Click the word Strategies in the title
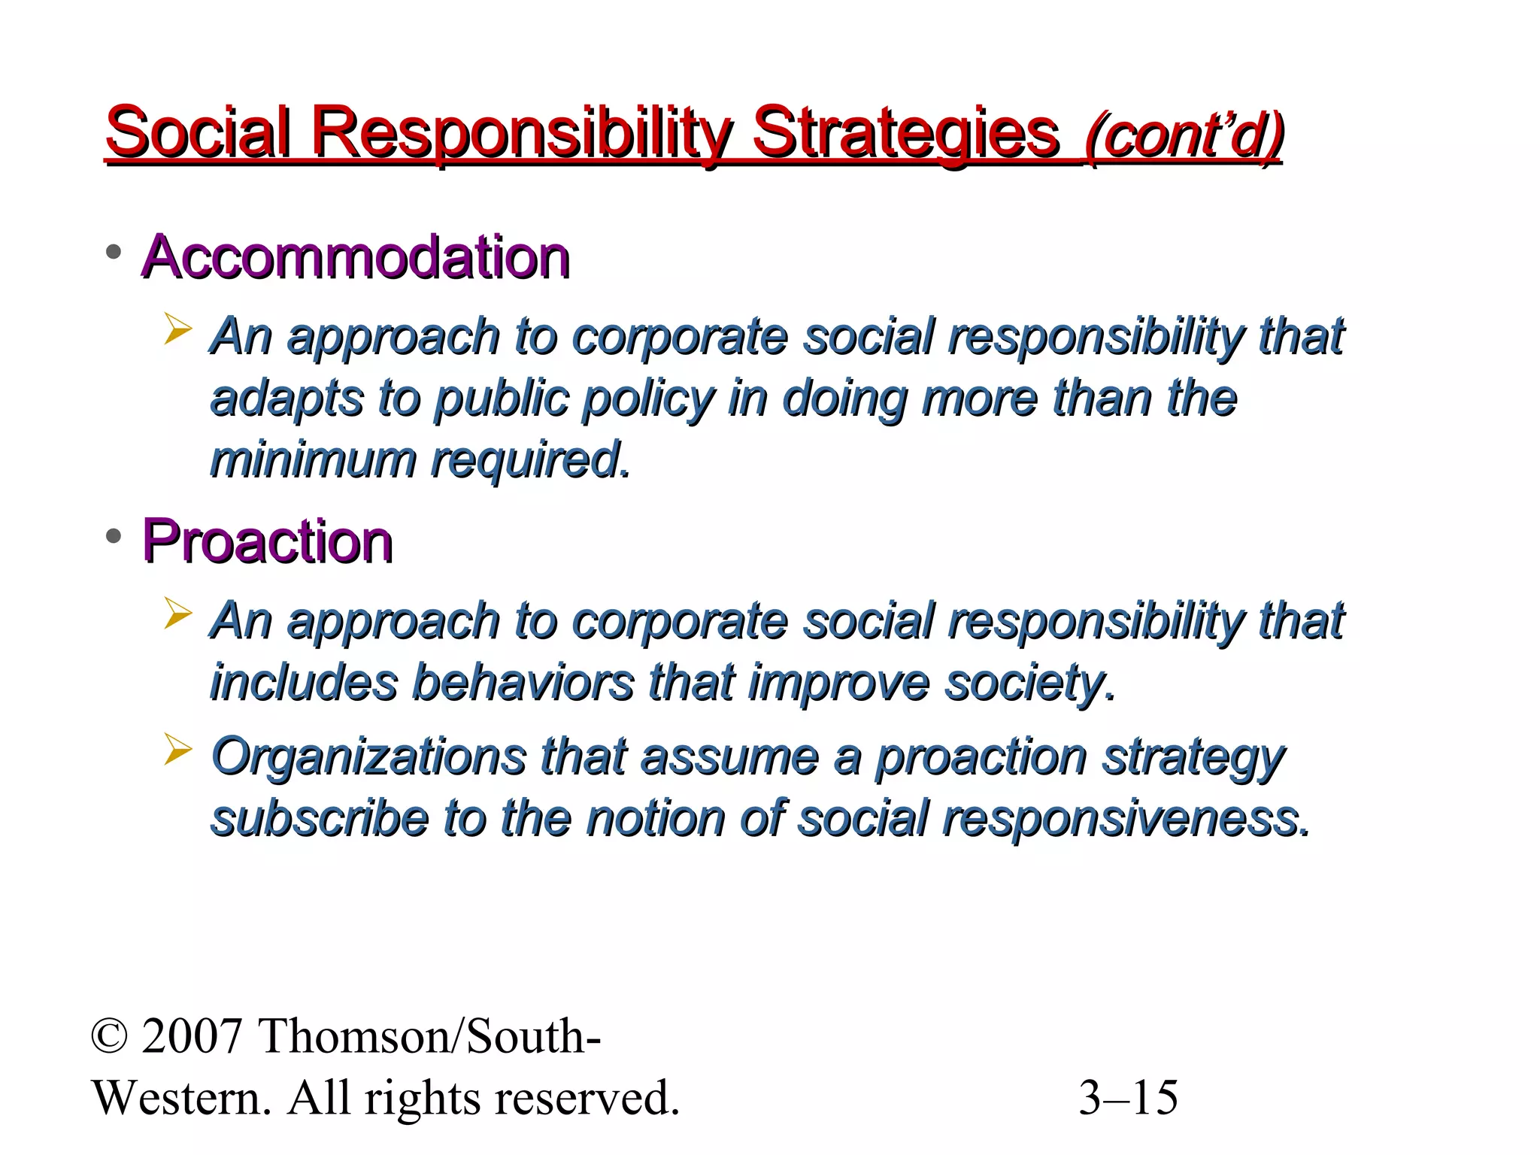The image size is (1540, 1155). [905, 134]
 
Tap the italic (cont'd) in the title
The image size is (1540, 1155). [1184, 135]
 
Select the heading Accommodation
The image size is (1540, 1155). [356, 257]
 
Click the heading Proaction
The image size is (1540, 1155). [267, 541]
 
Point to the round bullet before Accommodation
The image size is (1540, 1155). [114, 252]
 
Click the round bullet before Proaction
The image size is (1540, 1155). [114, 536]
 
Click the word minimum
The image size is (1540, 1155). [312, 459]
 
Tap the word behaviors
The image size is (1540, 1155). [523, 682]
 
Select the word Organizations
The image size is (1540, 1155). [368, 756]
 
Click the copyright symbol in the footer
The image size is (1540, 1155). [110, 1036]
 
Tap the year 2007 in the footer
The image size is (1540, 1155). [191, 1036]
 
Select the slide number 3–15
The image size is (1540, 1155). [1128, 1098]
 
